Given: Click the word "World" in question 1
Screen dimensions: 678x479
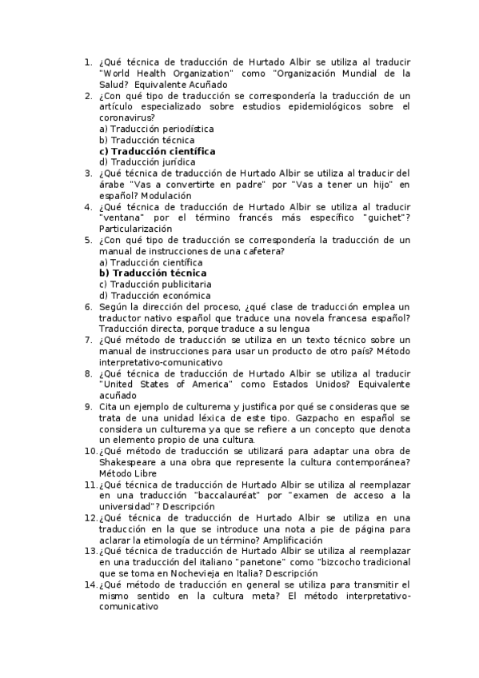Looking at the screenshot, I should pos(117,73).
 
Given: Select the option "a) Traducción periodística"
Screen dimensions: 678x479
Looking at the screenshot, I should pos(156,128).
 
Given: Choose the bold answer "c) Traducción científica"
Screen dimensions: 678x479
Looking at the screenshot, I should pos(157,150).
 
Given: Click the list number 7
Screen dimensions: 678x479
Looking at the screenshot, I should pos(88,339).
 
